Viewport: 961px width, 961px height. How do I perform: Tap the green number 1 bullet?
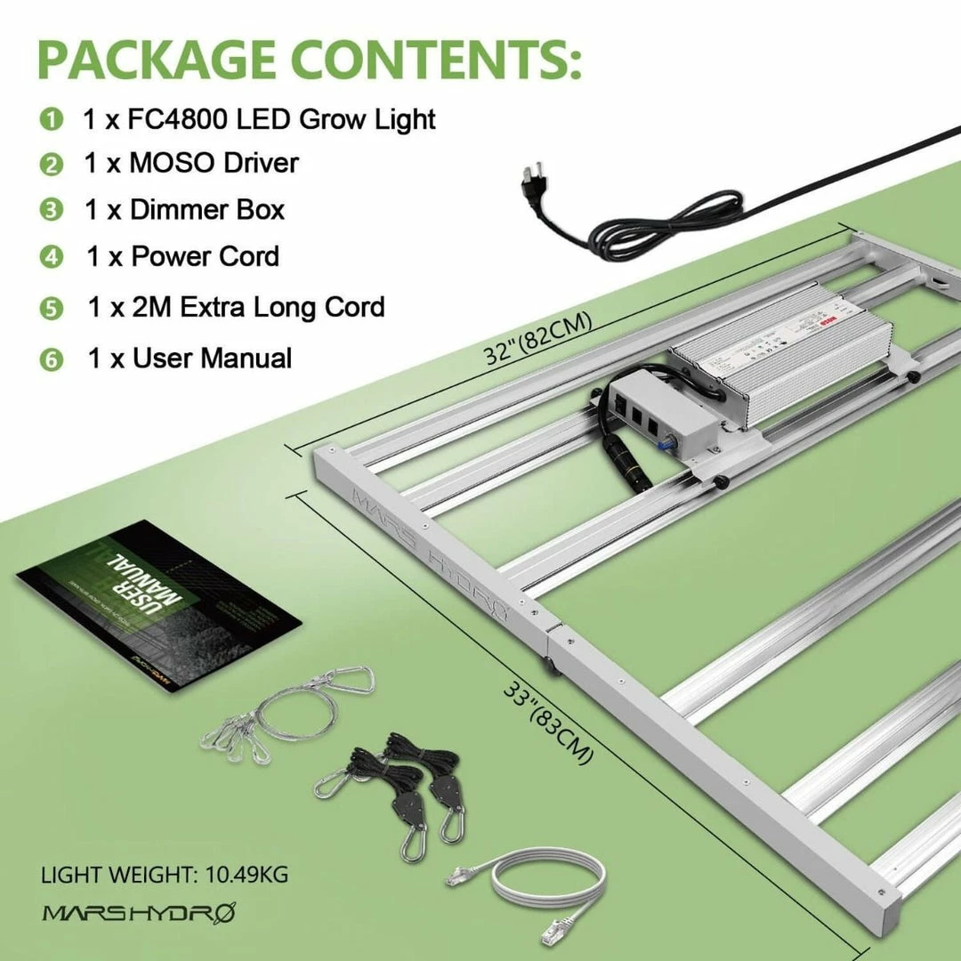52,119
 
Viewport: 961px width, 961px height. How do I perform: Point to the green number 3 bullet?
52,211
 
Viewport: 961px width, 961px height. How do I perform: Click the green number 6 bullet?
52,360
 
